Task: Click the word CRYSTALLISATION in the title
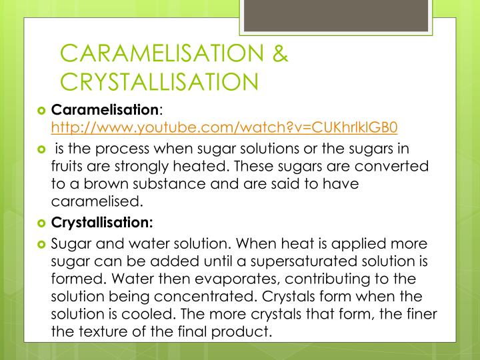(x=159, y=81)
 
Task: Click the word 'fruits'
(x=70, y=165)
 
